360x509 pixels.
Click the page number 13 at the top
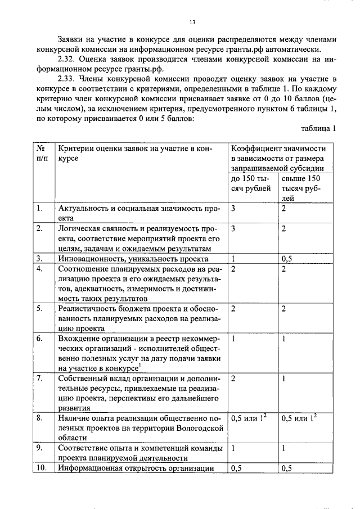click(x=192, y=22)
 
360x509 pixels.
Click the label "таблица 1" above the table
click(x=318, y=128)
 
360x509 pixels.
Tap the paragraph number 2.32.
click(x=69, y=58)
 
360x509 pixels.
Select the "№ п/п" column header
click(x=41, y=153)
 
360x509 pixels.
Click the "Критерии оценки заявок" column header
click(x=134, y=153)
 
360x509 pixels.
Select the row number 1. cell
click(x=39, y=209)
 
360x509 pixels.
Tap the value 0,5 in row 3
click(x=287, y=259)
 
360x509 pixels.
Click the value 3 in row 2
click(x=233, y=229)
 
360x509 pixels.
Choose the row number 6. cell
click(x=39, y=339)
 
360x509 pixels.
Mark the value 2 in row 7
click(x=233, y=379)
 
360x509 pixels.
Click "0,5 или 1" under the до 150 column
click(x=248, y=418)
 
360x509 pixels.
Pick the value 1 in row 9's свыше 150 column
click(x=283, y=448)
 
